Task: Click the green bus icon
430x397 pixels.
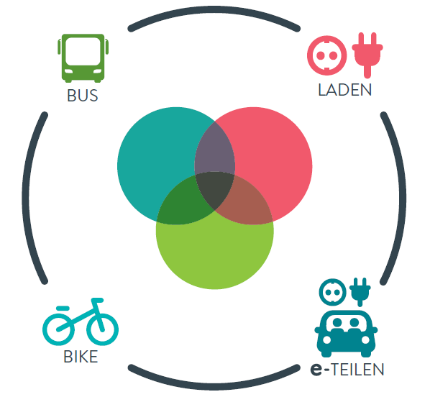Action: pyautogui.click(x=83, y=58)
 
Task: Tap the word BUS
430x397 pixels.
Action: pyautogui.click(x=83, y=96)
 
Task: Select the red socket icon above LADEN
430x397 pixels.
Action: pyautogui.click(x=327, y=55)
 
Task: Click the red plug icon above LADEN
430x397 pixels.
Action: pyautogui.click(x=367, y=55)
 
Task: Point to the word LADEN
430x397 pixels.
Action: pyautogui.click(x=344, y=90)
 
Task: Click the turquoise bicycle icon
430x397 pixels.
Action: pyautogui.click(x=81, y=321)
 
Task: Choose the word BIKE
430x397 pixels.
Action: pyautogui.click(x=81, y=357)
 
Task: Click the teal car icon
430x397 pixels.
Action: pyautogui.click(x=346, y=334)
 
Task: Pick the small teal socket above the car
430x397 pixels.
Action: pyautogui.click(x=333, y=292)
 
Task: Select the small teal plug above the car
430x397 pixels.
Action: pyautogui.click(x=360, y=292)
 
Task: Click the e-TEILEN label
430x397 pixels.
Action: pyautogui.click(x=347, y=369)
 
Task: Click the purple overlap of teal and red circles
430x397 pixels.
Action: pyautogui.click(x=215, y=150)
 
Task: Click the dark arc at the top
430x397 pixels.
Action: pyautogui.click(x=214, y=10)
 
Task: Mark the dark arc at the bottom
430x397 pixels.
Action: pyautogui.click(x=214, y=386)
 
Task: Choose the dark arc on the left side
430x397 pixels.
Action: pyautogui.click(x=25, y=198)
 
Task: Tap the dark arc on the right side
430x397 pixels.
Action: pyautogui.click(x=403, y=198)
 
